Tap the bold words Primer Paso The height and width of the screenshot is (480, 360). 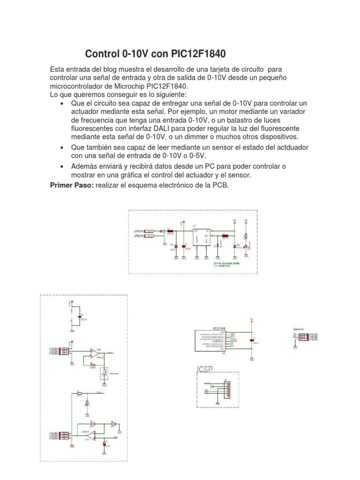click(72, 185)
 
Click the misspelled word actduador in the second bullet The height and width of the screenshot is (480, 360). click(277, 147)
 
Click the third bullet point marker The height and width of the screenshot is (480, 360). click(62, 167)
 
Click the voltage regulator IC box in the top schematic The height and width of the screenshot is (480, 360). click(202, 237)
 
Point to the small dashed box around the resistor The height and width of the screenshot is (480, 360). click(104, 373)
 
